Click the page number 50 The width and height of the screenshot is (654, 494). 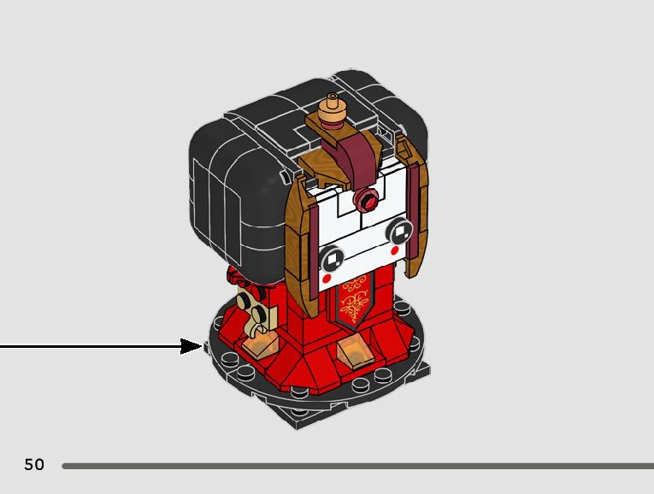pos(34,465)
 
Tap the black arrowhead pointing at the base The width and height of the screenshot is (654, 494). pos(191,346)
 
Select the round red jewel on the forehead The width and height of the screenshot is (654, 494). pos(368,203)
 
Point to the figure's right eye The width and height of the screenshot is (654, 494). pos(398,232)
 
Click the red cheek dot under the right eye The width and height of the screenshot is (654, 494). pos(394,251)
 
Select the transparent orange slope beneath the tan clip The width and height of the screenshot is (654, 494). pos(261,344)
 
